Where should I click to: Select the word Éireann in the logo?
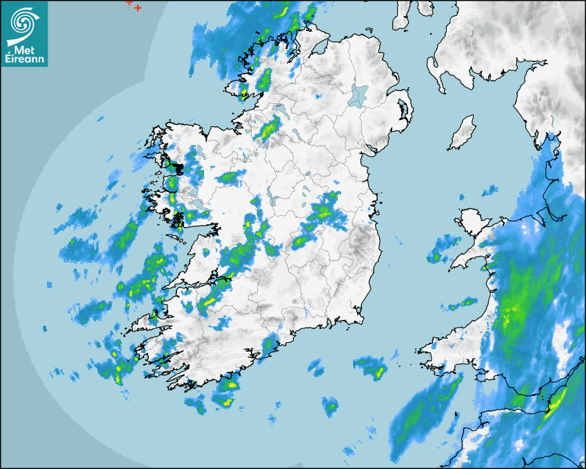pyautogui.click(x=24, y=59)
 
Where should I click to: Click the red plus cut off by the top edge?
pyautogui.click(x=129, y=2)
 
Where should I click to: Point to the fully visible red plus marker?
pyautogui.click(x=138, y=8)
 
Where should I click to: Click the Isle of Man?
pyautogui.click(x=463, y=133)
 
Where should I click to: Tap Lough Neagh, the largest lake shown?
pyautogui.click(x=358, y=94)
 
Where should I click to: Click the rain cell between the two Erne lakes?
pyautogui.click(x=269, y=127)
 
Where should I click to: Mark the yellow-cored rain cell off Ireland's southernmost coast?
pyautogui.click(x=226, y=394)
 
